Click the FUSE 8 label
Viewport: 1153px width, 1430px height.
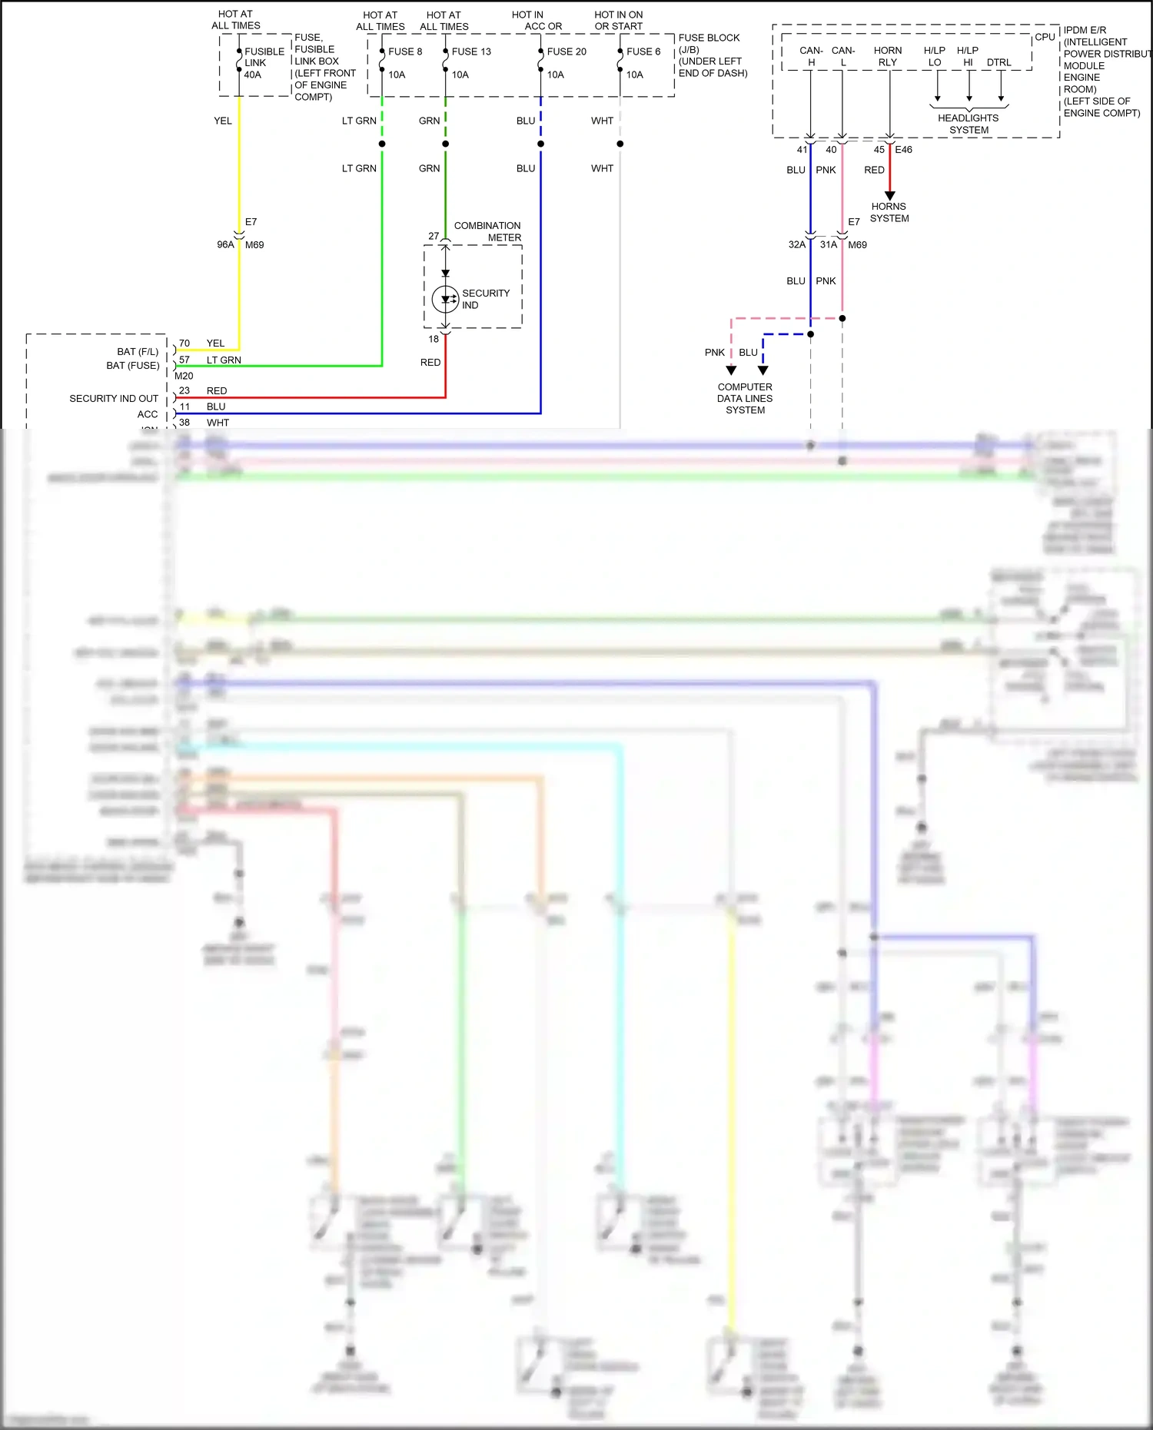[x=405, y=51]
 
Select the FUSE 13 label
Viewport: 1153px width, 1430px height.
[x=471, y=51]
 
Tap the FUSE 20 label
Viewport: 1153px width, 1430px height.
[x=567, y=51]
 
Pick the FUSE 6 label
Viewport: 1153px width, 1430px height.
[x=643, y=51]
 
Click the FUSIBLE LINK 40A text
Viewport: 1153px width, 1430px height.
[x=264, y=63]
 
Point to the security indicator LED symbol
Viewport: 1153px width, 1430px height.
[x=445, y=300]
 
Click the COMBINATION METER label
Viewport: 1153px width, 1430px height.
[x=487, y=231]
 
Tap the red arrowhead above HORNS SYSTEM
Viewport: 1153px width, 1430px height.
[x=889, y=196]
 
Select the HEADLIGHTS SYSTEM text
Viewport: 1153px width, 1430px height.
[x=969, y=124]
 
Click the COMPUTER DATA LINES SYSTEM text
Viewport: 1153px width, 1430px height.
[x=745, y=398]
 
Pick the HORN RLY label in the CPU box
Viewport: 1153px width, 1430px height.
[x=888, y=56]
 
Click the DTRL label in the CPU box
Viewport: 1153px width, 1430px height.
[x=999, y=62]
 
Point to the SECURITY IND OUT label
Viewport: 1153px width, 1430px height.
[x=114, y=398]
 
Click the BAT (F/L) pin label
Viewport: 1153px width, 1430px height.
[x=138, y=351]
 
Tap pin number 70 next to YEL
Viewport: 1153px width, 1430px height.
[x=184, y=343]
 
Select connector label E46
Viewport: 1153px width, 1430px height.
[x=904, y=150]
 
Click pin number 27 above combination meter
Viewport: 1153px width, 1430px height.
[x=434, y=236]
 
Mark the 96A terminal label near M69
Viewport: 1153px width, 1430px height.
[x=225, y=244]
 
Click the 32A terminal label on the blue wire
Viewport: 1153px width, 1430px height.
[x=797, y=244]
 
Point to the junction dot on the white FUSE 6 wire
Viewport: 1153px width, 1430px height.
[x=620, y=144]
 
